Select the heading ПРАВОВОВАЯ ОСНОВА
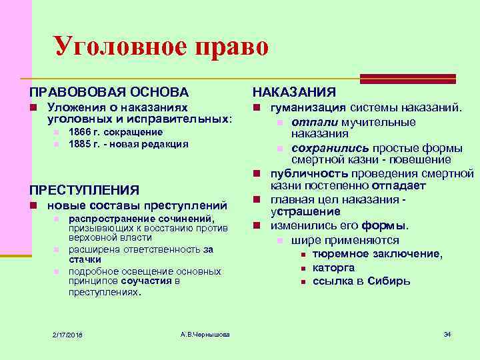109,92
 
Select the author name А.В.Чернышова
205,333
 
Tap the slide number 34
447,333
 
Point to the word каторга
333,267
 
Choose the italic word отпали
315,122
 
